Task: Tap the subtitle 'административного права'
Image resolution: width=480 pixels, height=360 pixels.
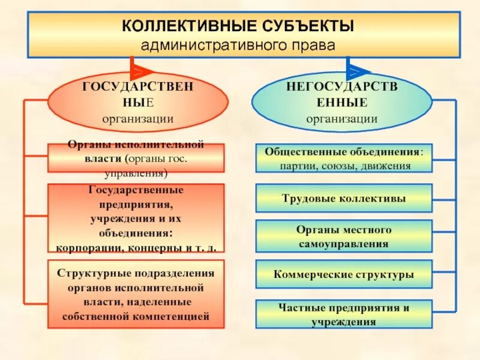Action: click(x=238, y=45)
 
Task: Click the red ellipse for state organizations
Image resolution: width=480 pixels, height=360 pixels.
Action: click(x=137, y=103)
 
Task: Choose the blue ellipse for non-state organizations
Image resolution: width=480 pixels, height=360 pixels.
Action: click(x=341, y=103)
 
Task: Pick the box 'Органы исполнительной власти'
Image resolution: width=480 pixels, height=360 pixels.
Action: click(x=136, y=159)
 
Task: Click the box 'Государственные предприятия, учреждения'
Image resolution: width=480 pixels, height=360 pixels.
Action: click(x=136, y=217)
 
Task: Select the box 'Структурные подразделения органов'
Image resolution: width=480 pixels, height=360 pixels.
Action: click(x=136, y=294)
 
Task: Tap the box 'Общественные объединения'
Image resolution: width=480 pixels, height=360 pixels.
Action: click(x=344, y=158)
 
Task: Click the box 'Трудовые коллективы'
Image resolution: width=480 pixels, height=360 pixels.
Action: click(x=344, y=198)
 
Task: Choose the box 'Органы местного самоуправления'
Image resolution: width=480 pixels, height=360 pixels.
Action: click(x=344, y=236)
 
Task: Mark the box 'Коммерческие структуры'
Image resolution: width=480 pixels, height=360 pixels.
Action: click(x=344, y=275)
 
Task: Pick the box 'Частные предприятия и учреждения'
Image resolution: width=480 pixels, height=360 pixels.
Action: click(x=344, y=314)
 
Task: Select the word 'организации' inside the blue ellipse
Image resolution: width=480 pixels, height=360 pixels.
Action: click(x=341, y=118)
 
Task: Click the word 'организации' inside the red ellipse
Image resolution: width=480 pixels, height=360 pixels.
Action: click(x=137, y=118)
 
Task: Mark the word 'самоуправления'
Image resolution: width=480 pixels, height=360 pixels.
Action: click(x=344, y=244)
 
